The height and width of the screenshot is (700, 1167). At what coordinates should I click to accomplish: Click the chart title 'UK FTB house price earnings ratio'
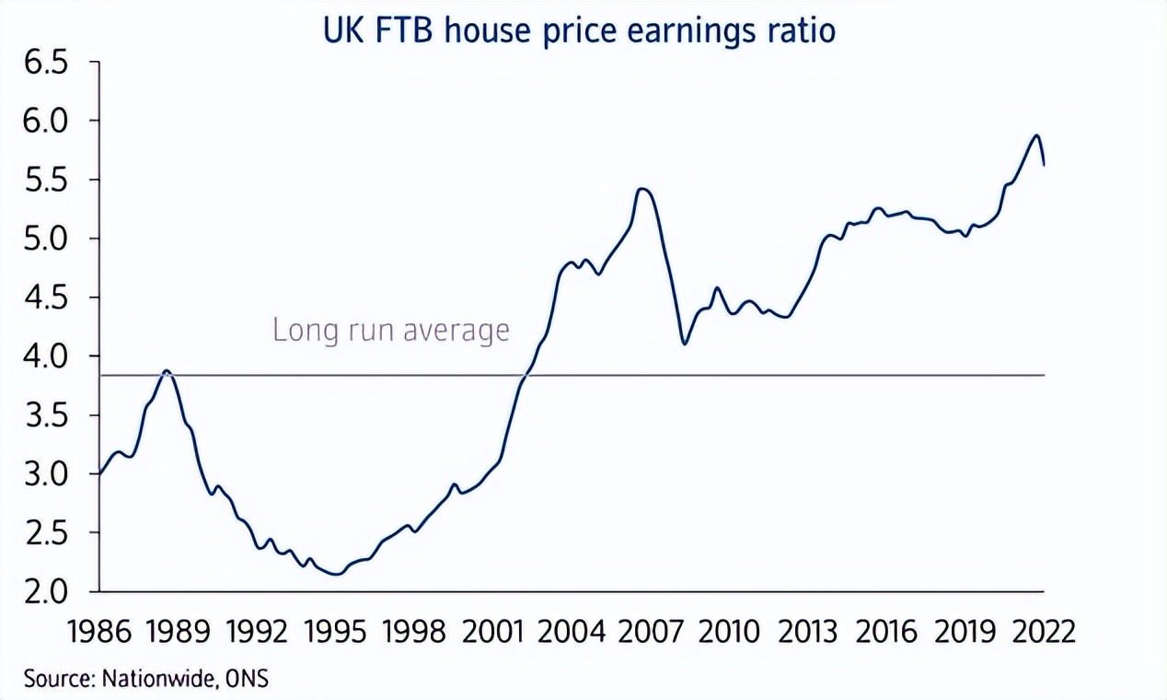tap(579, 29)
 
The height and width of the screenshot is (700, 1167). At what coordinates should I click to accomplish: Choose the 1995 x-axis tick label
tap(336, 634)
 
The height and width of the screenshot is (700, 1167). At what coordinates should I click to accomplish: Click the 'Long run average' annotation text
tap(390, 330)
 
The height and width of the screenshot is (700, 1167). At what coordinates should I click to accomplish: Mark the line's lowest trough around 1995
tap(336, 574)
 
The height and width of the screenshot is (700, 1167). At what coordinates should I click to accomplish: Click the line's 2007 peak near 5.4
tap(643, 190)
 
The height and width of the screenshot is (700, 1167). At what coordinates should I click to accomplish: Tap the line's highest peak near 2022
tap(1036, 135)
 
